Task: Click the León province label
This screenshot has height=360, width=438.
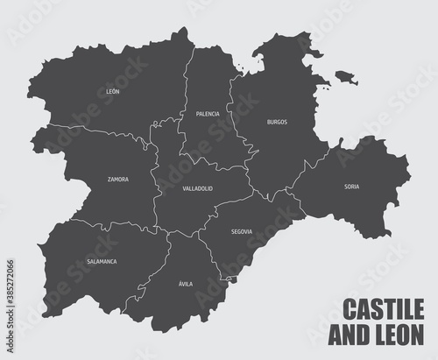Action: point(111,90)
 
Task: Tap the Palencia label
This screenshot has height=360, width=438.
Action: point(208,114)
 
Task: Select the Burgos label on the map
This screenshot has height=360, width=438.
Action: point(277,122)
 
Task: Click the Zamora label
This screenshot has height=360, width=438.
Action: point(118,180)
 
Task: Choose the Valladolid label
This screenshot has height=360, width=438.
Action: point(198,188)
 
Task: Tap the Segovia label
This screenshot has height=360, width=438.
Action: point(242,231)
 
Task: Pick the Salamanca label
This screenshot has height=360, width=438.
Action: point(102,261)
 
